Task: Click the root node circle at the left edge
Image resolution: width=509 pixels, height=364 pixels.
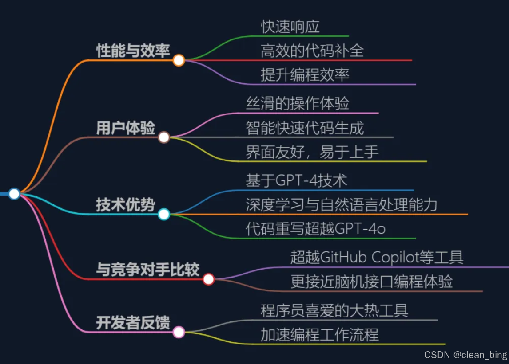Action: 14,194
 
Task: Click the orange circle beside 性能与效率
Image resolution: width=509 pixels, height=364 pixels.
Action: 179,60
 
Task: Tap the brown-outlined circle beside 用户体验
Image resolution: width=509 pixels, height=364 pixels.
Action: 164,137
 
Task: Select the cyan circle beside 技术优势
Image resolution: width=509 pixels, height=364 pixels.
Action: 164,215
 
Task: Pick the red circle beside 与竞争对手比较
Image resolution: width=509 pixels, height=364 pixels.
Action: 208,279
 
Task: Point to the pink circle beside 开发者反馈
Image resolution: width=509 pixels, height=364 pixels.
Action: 179,332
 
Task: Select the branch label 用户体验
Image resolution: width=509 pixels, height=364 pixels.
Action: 126,128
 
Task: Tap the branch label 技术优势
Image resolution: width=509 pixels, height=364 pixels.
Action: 126,205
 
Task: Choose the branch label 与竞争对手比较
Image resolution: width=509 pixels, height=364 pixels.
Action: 148,270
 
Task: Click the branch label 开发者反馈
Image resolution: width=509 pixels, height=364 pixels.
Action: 133,323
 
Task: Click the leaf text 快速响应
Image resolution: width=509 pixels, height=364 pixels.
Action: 290,27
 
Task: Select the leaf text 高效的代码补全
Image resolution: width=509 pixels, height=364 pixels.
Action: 312,51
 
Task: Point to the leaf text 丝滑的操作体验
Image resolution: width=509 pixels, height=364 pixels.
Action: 298,104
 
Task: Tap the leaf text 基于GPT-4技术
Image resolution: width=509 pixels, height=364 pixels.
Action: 296,181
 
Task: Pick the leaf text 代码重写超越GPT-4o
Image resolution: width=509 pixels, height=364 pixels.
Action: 315,229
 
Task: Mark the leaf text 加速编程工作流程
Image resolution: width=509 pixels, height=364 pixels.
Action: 320,335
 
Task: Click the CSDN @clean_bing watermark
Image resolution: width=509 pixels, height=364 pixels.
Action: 466,355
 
